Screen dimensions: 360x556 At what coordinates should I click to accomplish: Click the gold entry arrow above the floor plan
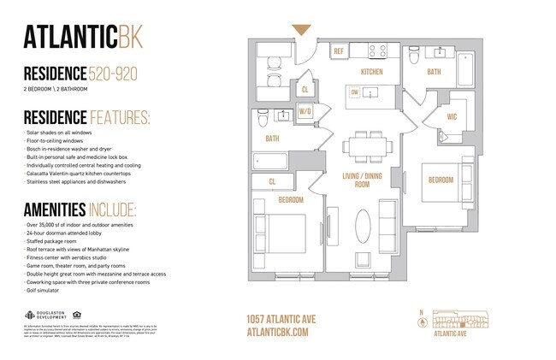tap(302, 30)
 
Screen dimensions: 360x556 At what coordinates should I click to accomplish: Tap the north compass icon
tap(420, 323)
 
